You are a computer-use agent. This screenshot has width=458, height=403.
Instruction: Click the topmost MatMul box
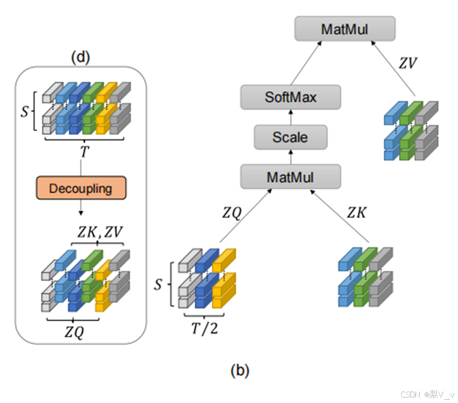coord(345,28)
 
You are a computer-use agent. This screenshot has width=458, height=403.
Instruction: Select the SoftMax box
coord(291,98)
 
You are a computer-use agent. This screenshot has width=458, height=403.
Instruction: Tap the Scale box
coord(290,137)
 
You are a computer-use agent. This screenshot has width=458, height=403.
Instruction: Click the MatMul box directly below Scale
coord(290,177)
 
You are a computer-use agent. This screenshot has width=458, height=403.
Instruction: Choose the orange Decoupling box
coord(81,189)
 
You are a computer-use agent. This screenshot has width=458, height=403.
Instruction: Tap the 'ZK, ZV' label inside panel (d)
coord(97,232)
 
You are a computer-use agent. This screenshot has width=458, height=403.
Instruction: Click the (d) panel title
coord(80,57)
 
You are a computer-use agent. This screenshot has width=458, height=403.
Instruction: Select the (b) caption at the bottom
coord(240,371)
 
